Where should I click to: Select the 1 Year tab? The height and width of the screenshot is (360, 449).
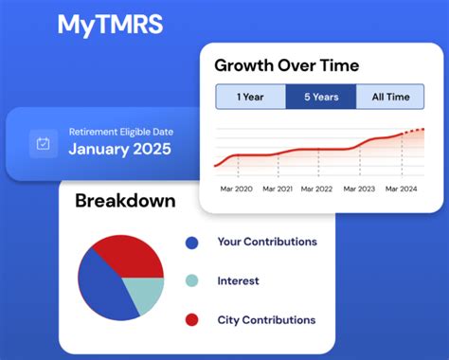click(250, 97)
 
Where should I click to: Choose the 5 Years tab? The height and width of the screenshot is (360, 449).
click(320, 97)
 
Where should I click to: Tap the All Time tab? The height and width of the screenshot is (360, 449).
click(390, 97)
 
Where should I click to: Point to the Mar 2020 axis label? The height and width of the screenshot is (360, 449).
click(238, 189)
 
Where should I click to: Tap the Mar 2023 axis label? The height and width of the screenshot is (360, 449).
click(361, 189)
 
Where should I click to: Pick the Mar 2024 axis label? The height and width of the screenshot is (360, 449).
click(401, 189)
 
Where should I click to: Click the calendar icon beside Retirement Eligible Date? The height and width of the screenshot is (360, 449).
click(43, 144)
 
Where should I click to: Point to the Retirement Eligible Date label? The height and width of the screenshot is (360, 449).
click(120, 132)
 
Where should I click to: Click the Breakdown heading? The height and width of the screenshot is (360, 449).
click(125, 201)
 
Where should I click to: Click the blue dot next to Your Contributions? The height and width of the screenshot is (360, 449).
click(192, 243)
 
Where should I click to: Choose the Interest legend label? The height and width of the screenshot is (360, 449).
click(238, 280)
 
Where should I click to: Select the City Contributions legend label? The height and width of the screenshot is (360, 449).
click(266, 320)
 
